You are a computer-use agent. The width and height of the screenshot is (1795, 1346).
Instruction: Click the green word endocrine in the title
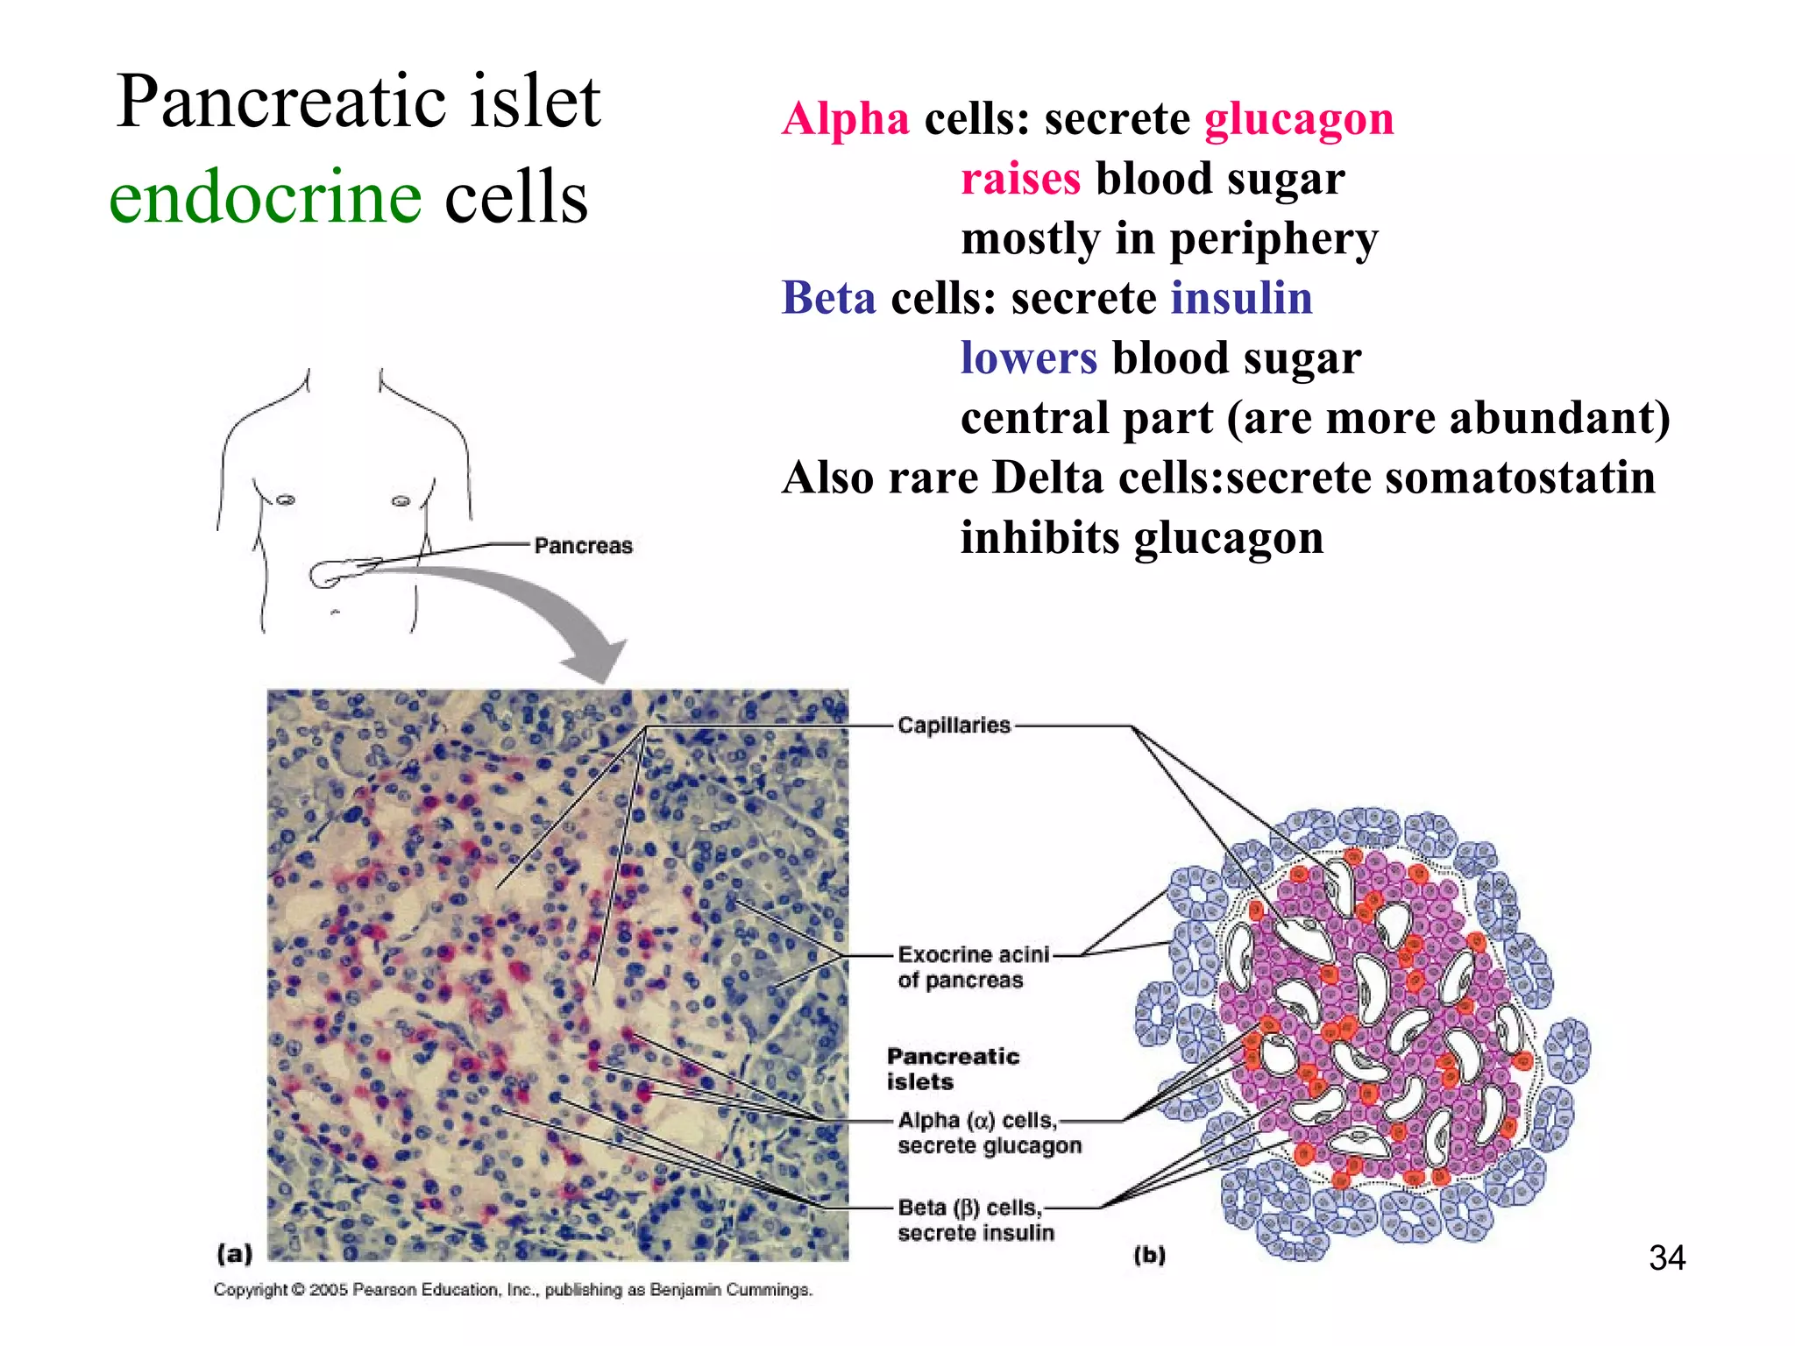click(x=265, y=197)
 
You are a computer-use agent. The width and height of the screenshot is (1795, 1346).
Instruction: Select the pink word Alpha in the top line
click(x=846, y=119)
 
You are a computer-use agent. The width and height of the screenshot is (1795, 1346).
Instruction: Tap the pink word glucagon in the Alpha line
click(x=1299, y=119)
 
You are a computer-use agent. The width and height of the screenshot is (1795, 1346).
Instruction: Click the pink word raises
click(x=1020, y=179)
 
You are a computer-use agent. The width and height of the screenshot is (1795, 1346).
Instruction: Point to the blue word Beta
click(x=828, y=298)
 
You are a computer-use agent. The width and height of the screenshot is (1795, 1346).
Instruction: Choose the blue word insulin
click(x=1241, y=298)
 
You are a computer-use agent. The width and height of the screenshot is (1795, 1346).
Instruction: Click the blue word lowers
click(x=1028, y=358)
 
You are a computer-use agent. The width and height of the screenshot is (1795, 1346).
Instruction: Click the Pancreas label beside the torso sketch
click(x=583, y=546)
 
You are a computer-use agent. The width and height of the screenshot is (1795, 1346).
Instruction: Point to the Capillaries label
click(x=954, y=726)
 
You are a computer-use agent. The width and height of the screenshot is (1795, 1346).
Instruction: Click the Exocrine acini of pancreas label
click(x=972, y=967)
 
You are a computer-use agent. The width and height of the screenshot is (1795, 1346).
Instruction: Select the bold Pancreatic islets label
click(x=952, y=1068)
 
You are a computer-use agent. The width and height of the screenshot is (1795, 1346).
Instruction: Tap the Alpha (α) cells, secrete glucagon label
click(x=989, y=1133)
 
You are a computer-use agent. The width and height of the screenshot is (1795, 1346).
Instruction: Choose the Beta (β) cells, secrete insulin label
click(x=975, y=1220)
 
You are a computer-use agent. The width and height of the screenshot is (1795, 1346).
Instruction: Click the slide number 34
click(x=1666, y=1258)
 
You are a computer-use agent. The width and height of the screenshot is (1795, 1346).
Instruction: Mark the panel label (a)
click(x=234, y=1254)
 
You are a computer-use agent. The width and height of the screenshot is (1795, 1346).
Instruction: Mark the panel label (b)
click(x=1149, y=1255)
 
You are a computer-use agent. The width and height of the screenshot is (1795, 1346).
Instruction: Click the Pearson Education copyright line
click(x=513, y=1290)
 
